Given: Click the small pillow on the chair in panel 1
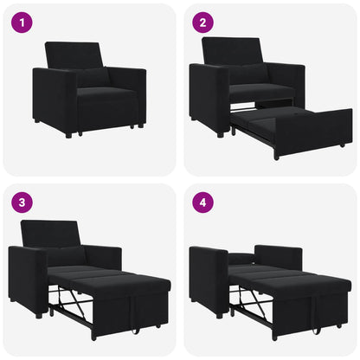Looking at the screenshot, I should (x=93, y=77).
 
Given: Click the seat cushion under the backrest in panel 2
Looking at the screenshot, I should (x=260, y=91).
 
